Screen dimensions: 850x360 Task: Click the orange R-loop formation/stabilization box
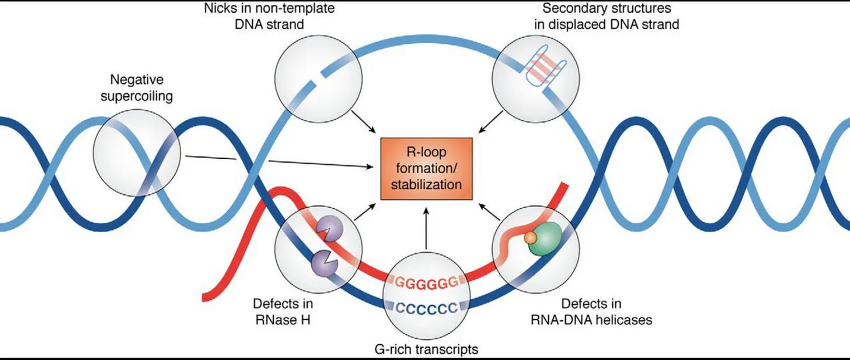point(427,169)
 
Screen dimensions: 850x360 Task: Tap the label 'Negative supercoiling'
point(137,88)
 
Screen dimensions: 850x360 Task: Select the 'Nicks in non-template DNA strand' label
point(270,16)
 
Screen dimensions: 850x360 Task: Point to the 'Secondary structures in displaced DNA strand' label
point(607,16)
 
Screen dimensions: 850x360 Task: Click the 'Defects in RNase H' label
point(283,312)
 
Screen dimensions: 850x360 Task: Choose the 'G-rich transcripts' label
point(427,349)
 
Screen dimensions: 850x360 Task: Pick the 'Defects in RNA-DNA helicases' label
point(591,312)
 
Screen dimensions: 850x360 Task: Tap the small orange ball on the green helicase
point(531,238)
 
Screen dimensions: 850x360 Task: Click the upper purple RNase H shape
point(330,229)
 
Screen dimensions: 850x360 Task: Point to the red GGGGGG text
point(427,283)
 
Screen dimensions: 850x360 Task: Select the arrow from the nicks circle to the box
point(364,122)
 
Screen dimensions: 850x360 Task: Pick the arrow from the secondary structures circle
point(490,122)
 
